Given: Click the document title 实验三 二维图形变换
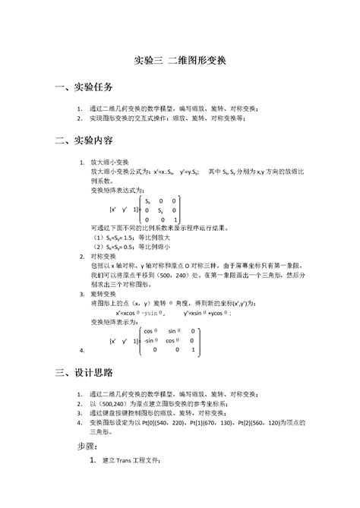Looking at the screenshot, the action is point(179,59).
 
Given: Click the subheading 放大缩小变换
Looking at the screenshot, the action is point(112,162).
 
